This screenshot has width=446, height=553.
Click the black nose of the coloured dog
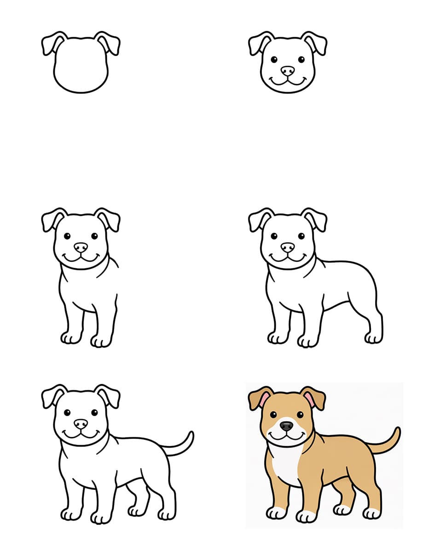point(286,425)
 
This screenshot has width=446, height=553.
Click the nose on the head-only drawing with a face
point(288,71)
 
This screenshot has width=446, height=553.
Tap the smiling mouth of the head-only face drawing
point(288,82)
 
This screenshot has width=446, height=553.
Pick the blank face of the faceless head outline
point(81,65)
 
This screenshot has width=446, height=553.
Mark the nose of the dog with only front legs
point(81,247)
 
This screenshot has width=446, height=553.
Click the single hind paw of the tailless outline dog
point(373,338)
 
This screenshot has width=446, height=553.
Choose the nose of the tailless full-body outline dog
point(288,247)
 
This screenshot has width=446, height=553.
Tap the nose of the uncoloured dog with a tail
point(81,424)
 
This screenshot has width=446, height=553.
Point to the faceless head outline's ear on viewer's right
point(110,43)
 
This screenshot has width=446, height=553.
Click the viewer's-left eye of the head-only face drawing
point(274,59)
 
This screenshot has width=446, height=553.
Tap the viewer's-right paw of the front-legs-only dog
point(101,341)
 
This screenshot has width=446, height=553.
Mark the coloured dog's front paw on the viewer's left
point(277,512)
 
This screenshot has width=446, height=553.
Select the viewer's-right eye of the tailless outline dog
point(301,236)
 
